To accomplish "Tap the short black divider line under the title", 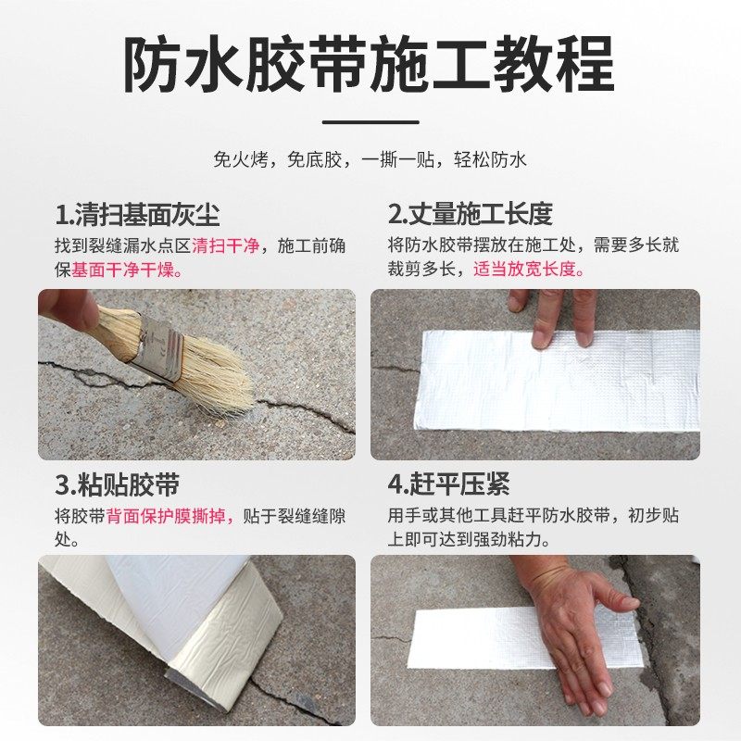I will pyautogui.click(x=370, y=121).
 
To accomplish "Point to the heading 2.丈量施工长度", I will pyautogui.click(x=470, y=215).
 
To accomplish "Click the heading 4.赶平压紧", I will pyautogui.click(x=448, y=484).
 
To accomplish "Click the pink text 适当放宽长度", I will pyautogui.click(x=529, y=270).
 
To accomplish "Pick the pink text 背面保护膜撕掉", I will pyautogui.click(x=173, y=516).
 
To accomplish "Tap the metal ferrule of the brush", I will pyautogui.click(x=160, y=351).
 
